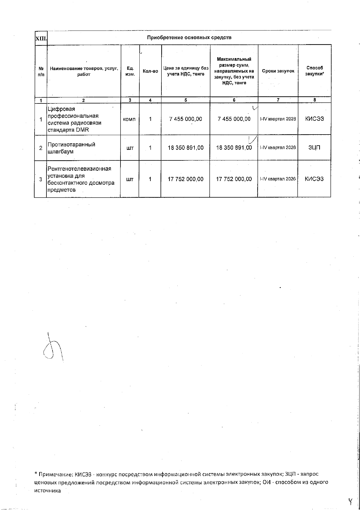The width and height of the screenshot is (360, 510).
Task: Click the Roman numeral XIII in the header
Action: click(x=41, y=38)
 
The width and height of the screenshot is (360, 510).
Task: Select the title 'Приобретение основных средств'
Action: click(x=189, y=37)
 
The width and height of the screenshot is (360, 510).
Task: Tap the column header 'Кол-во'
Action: click(x=150, y=71)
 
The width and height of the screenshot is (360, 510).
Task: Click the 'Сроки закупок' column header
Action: click(x=278, y=71)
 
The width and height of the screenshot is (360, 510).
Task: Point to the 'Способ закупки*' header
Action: click(x=315, y=71)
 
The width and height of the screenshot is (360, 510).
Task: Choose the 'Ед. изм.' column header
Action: click(x=130, y=71)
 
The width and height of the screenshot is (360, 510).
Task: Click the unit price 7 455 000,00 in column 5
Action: click(x=186, y=119)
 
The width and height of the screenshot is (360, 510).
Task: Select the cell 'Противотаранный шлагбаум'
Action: click(x=71, y=148)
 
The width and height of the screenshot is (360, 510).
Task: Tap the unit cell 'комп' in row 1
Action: click(x=129, y=119)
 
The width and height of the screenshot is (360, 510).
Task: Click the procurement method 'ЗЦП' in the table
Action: click(x=314, y=148)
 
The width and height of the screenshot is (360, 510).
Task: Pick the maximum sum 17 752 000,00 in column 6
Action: click(x=234, y=179)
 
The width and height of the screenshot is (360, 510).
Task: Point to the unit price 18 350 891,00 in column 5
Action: click(x=186, y=148)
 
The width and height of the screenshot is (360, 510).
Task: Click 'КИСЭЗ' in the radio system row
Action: click(x=314, y=119)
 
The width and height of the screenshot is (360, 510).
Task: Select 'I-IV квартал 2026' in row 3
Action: click(x=278, y=179)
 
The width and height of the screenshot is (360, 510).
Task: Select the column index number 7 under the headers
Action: click(x=278, y=100)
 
